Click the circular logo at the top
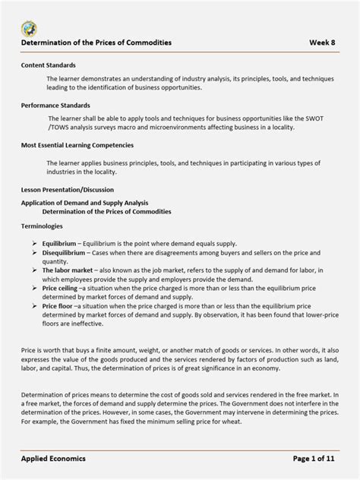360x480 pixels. (29, 29)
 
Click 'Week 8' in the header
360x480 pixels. (324, 43)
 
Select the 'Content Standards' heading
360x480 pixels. (48, 66)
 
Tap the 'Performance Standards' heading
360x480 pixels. (55, 106)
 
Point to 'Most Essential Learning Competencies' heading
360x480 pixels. (77, 144)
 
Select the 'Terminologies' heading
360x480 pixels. (42, 226)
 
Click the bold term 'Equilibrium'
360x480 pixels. (59, 243)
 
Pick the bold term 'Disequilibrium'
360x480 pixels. (64, 252)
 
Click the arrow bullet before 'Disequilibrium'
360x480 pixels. (35, 252)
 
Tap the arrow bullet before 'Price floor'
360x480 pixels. (35, 305)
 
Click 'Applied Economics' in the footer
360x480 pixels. (53, 459)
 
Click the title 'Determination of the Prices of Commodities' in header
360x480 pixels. (96, 43)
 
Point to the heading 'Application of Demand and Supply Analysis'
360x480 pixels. (84, 203)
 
